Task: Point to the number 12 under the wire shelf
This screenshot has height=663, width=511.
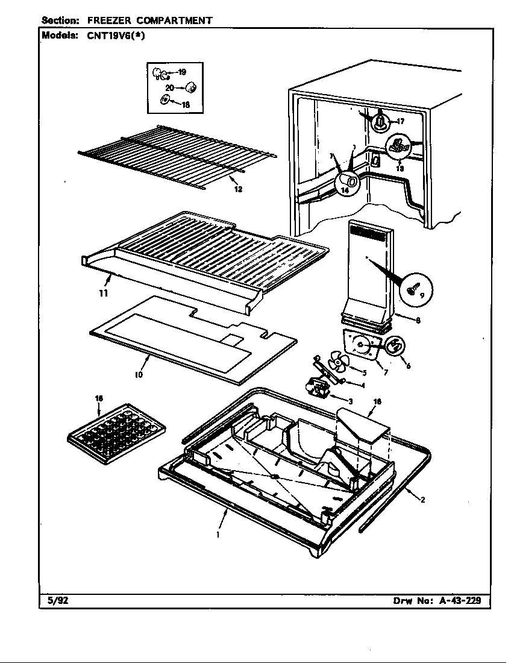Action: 238,189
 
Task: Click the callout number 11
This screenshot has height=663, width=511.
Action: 104,294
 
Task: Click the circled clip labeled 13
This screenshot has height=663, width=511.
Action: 398,146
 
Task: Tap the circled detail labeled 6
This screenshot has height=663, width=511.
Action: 394,346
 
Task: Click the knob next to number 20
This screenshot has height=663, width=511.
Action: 192,88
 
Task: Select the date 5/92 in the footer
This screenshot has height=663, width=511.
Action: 58,601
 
